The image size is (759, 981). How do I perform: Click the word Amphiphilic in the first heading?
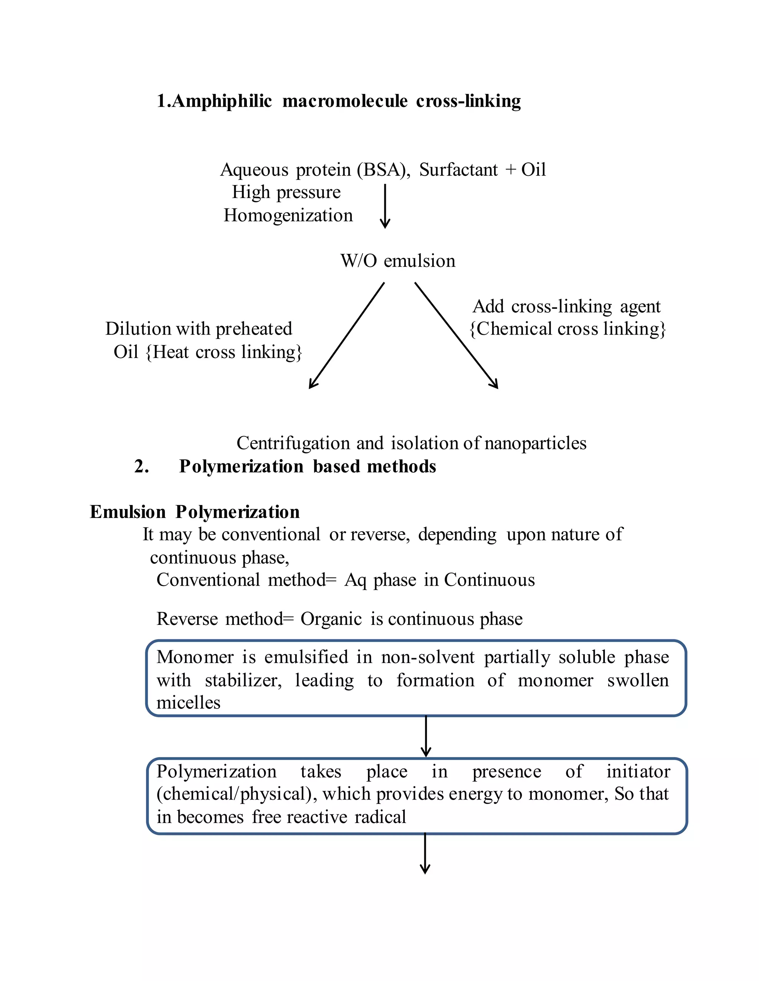[222, 101]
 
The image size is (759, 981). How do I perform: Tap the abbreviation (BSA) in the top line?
[384, 170]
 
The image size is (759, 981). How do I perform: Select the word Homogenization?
[288, 215]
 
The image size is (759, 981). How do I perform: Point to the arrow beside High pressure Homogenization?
[385, 206]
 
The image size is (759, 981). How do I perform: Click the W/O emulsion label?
[398, 261]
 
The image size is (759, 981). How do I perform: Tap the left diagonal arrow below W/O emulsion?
[346, 335]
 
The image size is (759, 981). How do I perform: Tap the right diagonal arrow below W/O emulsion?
[456, 335]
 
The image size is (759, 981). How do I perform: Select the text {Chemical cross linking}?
[567, 329]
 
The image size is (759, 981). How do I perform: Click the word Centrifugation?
[293, 443]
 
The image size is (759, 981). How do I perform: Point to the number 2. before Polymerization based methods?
[141, 467]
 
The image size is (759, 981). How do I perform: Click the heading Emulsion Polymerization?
[194, 512]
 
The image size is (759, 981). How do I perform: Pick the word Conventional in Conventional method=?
[208, 580]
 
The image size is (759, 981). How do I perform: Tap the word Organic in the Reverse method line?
[331, 619]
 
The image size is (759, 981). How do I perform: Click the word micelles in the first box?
[188, 703]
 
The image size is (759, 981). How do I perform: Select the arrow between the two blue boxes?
[426, 737]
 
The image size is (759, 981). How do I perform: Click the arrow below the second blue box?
[425, 853]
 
